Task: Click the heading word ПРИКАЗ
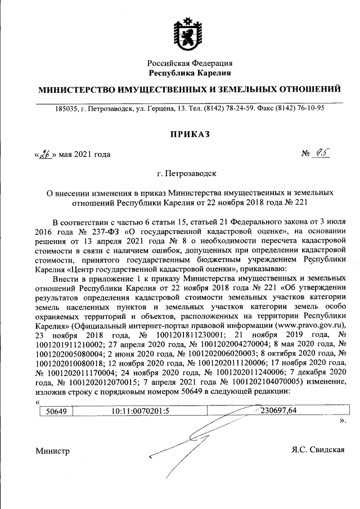coord(190,133)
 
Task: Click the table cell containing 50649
coord(56,411)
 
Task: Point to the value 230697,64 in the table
coord(277,411)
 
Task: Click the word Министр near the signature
coord(52,451)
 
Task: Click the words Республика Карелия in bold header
coord(190,73)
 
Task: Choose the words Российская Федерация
coord(190,63)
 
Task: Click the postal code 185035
coord(66,109)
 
